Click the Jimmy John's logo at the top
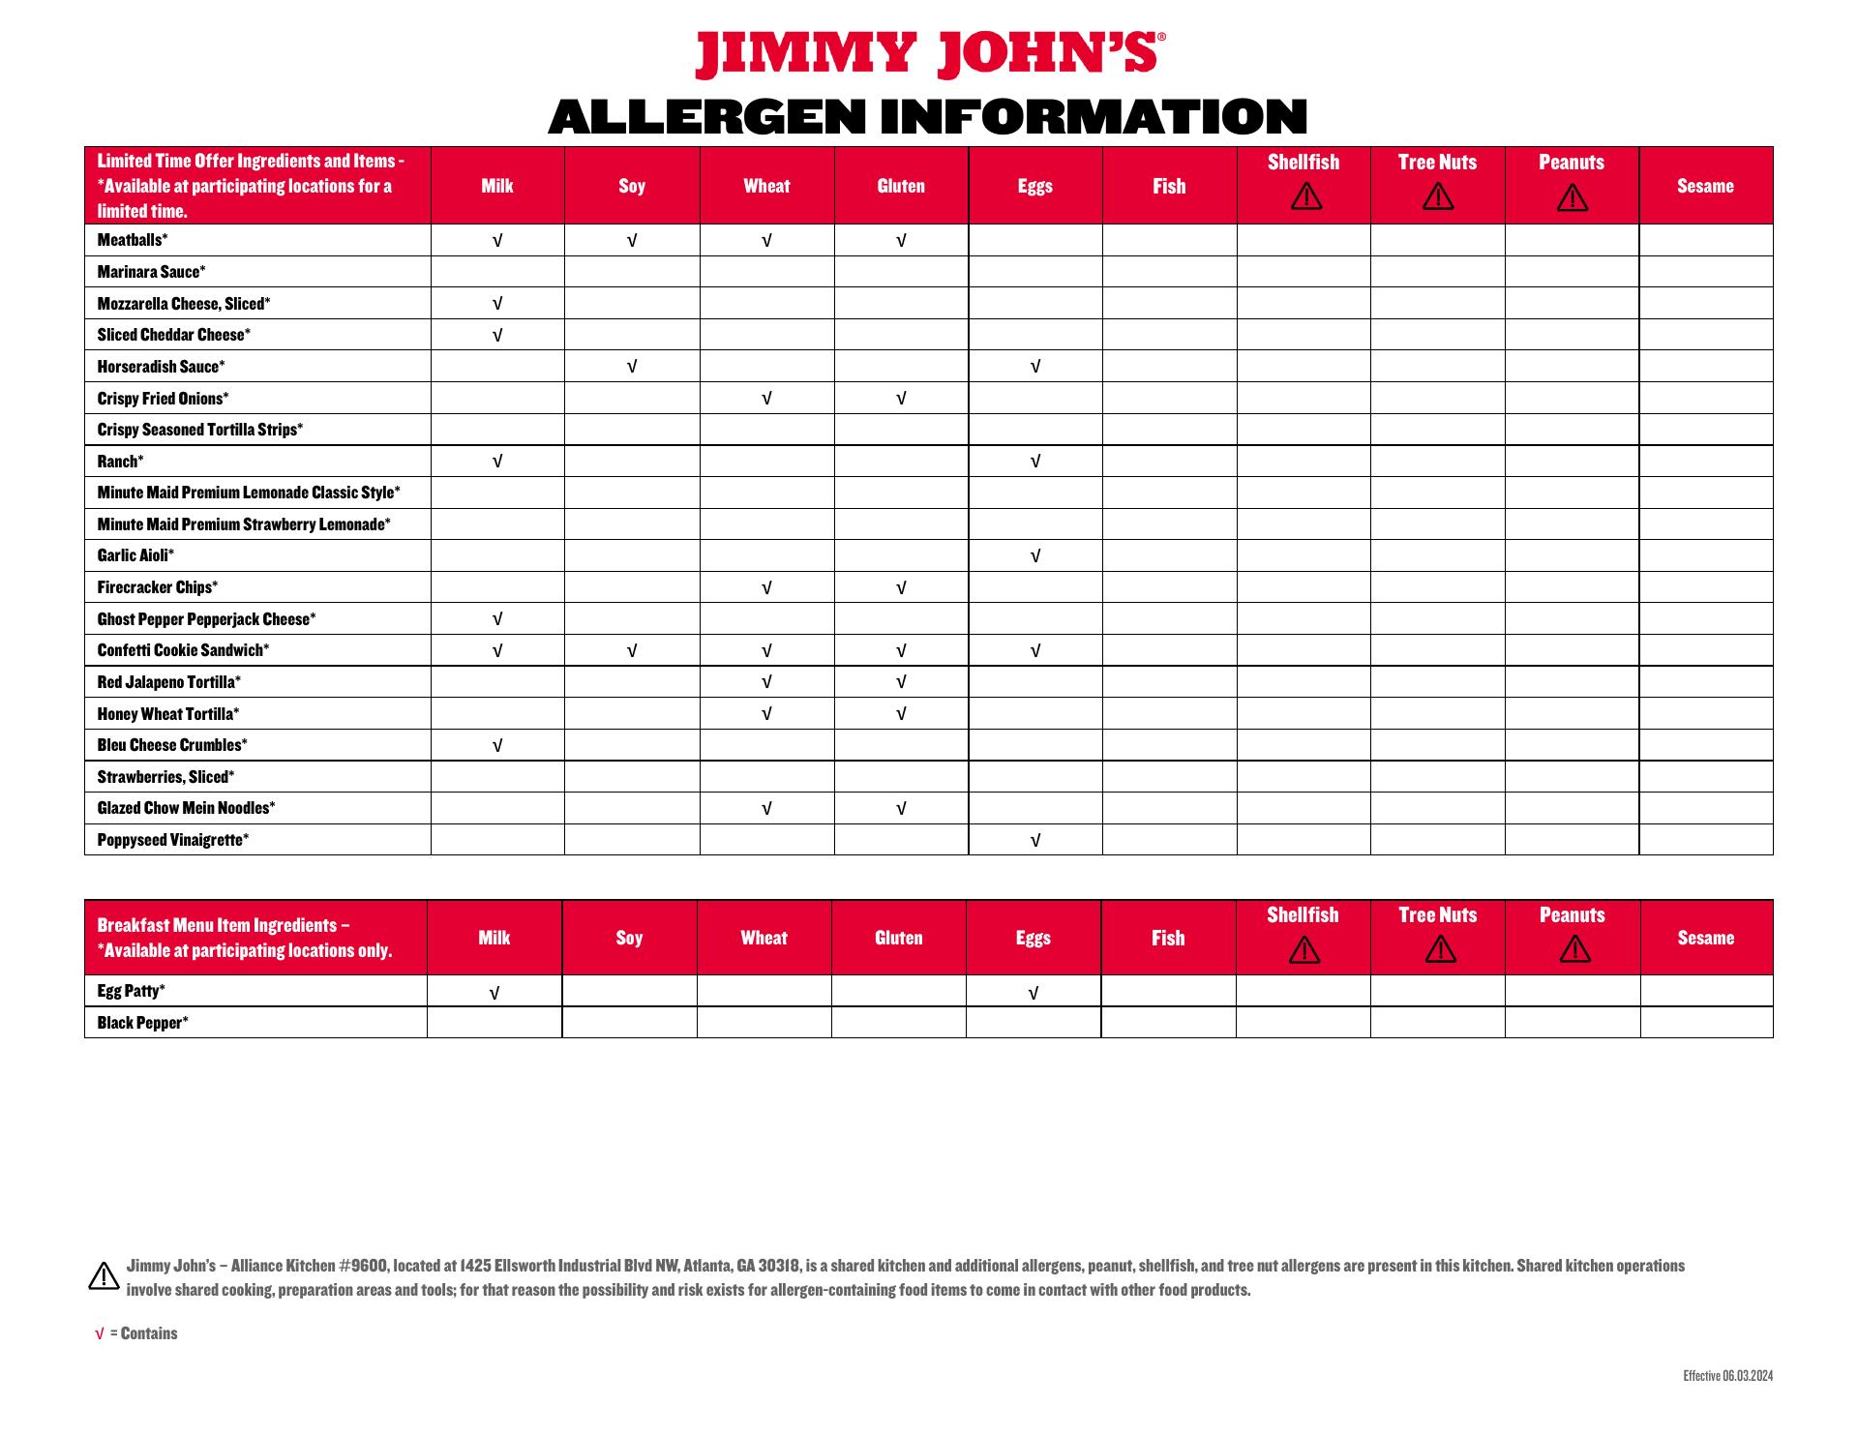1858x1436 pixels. pyautogui.click(x=929, y=54)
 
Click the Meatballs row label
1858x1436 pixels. pyautogui.click(x=133, y=240)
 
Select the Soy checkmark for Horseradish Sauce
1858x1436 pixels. pyautogui.click(x=632, y=367)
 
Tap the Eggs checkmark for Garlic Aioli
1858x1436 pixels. pyautogui.click(x=1035, y=556)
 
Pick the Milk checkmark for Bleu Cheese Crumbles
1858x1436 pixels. pyautogui.click(x=497, y=746)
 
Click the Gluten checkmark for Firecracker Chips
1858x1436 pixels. pyautogui.click(x=901, y=588)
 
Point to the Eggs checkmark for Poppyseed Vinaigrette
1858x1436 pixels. pyautogui.click(x=1035, y=841)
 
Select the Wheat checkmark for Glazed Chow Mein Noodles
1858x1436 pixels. pyautogui.click(x=766, y=809)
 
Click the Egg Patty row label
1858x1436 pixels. pyautogui.click(x=131, y=991)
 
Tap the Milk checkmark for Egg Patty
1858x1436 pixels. pyautogui.click(x=494, y=993)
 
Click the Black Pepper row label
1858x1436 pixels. pyautogui.click(x=142, y=1023)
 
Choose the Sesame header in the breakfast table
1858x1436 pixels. pyautogui.click(x=1705, y=938)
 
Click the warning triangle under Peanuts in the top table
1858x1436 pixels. pyautogui.click(x=1572, y=198)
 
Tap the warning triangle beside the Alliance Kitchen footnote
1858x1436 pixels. pyautogui.click(x=104, y=1276)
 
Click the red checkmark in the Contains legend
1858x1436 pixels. pyautogui.click(x=99, y=1334)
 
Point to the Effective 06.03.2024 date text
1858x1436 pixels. pyautogui.click(x=1727, y=1376)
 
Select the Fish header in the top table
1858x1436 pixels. pyautogui.click(x=1169, y=186)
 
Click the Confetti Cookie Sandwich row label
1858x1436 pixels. pyautogui.click(x=183, y=650)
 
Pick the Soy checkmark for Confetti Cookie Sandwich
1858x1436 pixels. pyautogui.click(x=632, y=651)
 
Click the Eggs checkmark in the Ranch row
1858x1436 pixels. pyautogui.click(x=1035, y=462)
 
